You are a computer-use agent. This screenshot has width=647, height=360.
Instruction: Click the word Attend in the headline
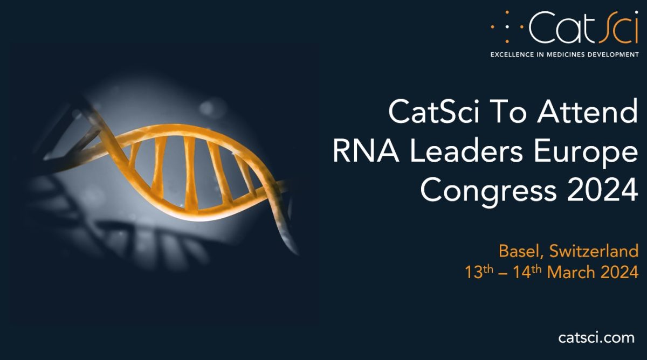pos(587,112)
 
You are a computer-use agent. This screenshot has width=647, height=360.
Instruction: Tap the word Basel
pos(519,251)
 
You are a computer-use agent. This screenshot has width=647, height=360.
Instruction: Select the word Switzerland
pos(594,251)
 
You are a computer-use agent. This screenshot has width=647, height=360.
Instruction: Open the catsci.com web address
pos(596,338)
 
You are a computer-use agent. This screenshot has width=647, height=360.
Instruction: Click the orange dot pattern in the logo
pos(507,27)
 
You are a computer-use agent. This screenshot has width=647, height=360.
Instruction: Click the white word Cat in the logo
pos(562,27)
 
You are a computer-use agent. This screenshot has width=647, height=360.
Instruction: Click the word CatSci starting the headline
pos(433,112)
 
